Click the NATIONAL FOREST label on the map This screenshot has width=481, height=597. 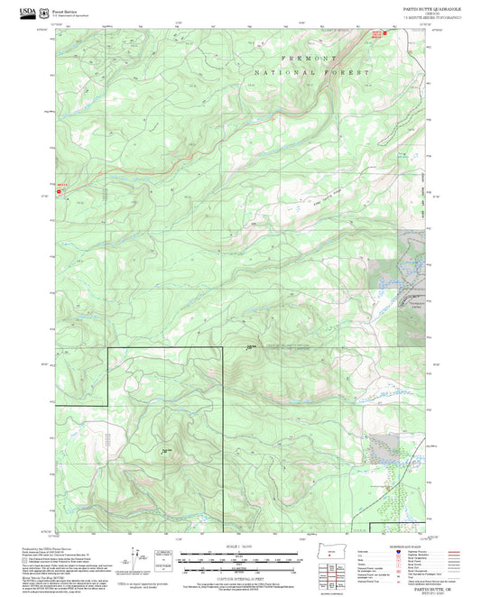311,71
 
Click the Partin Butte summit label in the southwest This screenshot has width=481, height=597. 165,451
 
